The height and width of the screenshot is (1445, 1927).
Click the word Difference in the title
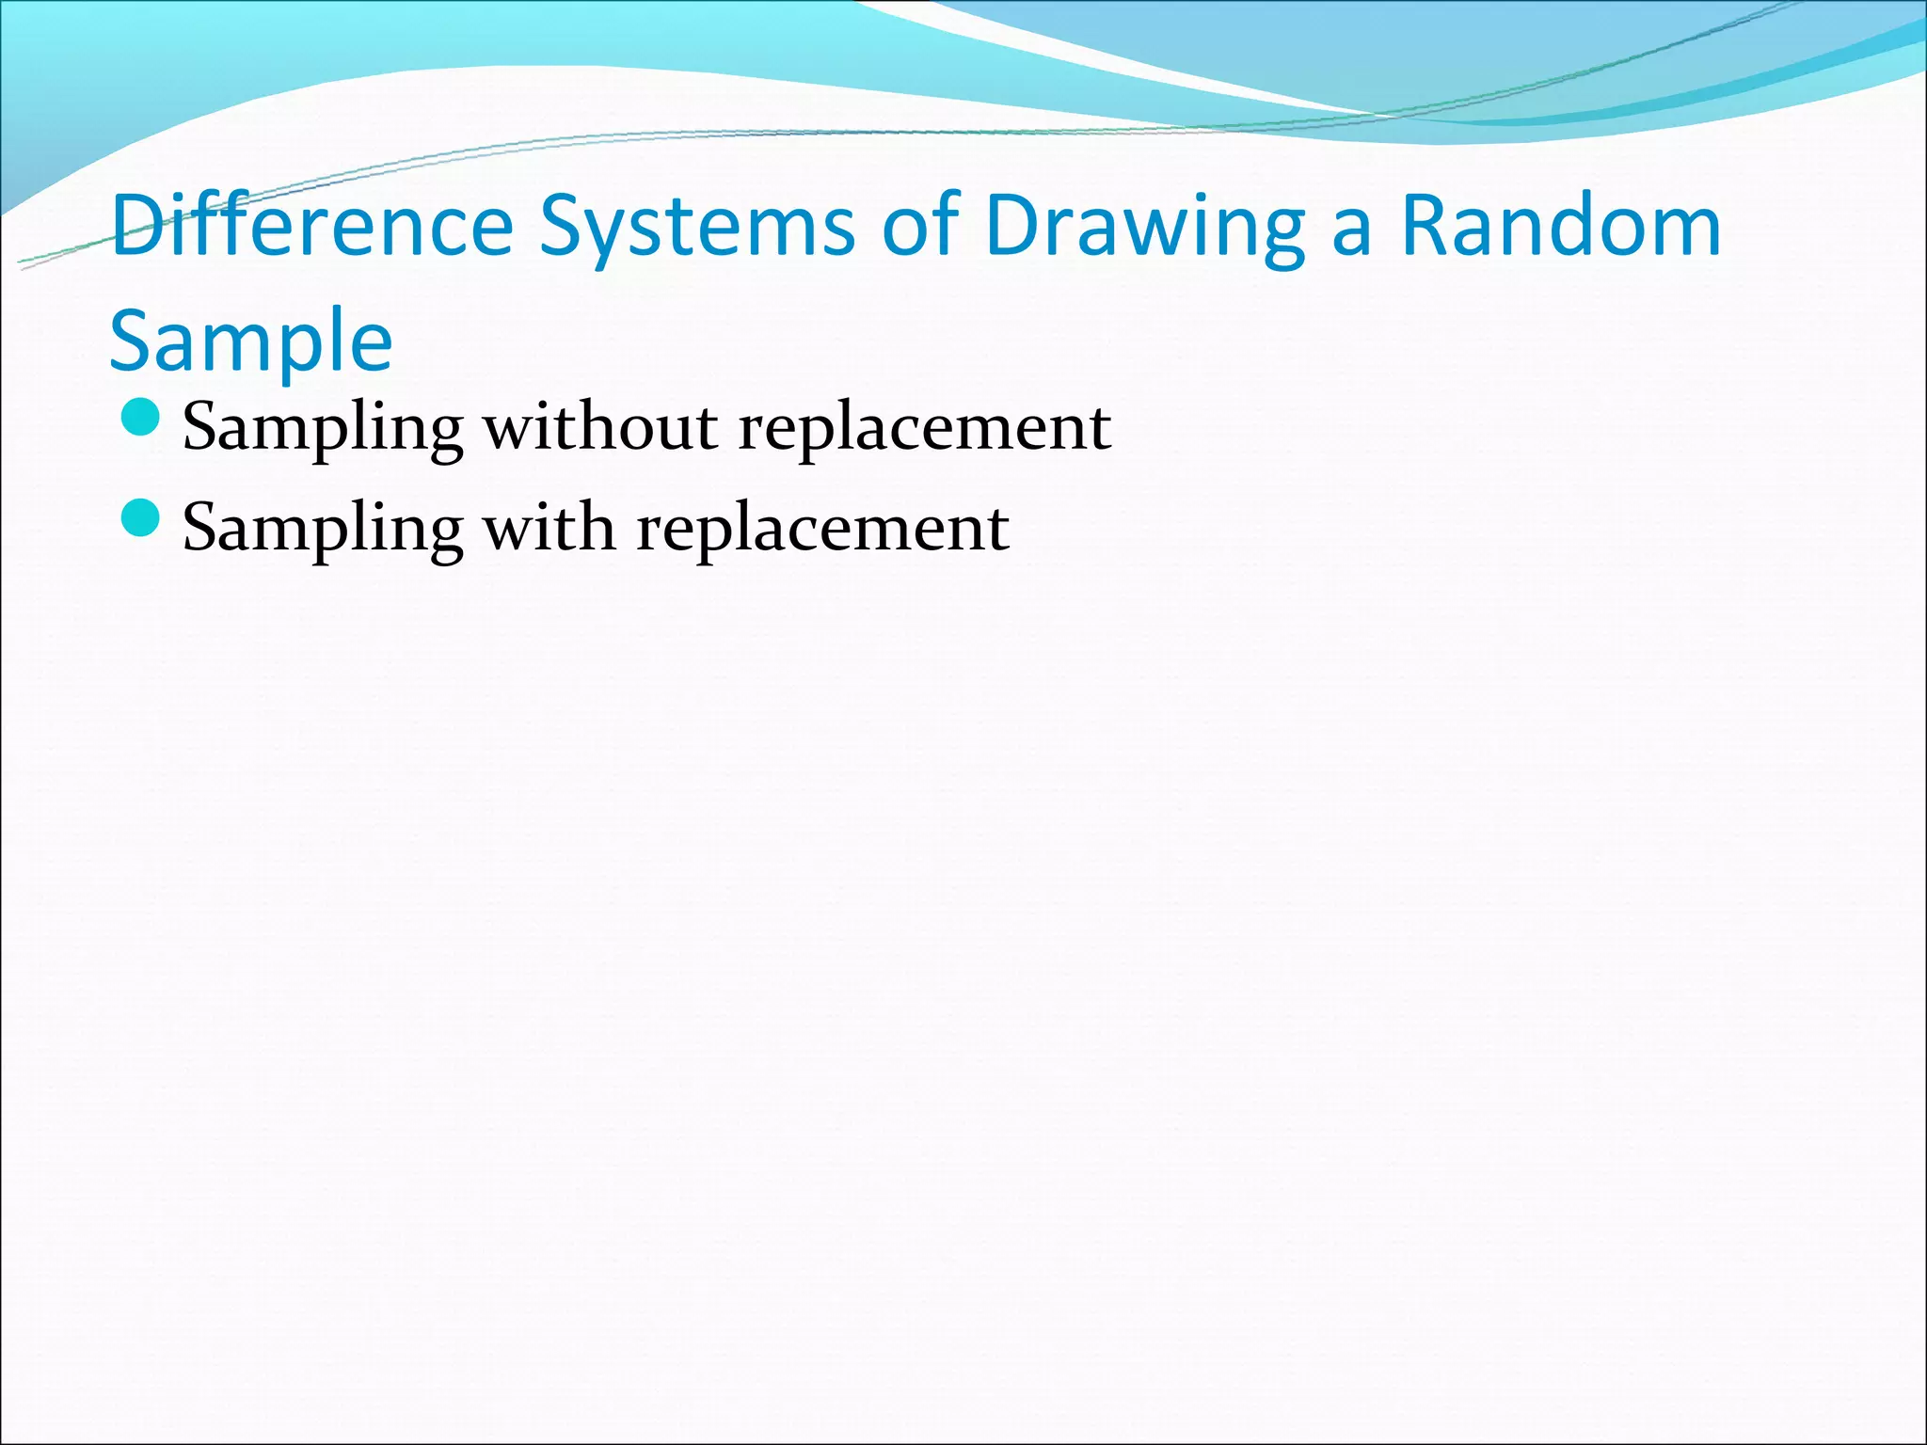[x=311, y=226]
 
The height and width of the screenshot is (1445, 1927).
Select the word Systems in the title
[x=696, y=226]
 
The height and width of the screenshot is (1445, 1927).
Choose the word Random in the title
[x=1561, y=226]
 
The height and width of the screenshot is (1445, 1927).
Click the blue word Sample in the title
[x=250, y=341]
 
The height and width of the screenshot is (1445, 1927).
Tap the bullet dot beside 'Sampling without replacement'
[x=141, y=418]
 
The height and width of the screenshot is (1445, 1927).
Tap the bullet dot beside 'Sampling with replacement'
[x=141, y=518]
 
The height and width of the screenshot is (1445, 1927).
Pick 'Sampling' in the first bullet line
[x=323, y=428]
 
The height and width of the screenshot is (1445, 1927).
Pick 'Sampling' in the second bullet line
[x=323, y=529]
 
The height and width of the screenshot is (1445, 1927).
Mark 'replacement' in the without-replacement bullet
[x=924, y=428]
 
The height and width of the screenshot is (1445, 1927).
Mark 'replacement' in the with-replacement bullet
[x=822, y=529]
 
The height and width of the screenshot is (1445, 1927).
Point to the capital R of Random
[x=1425, y=226]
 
